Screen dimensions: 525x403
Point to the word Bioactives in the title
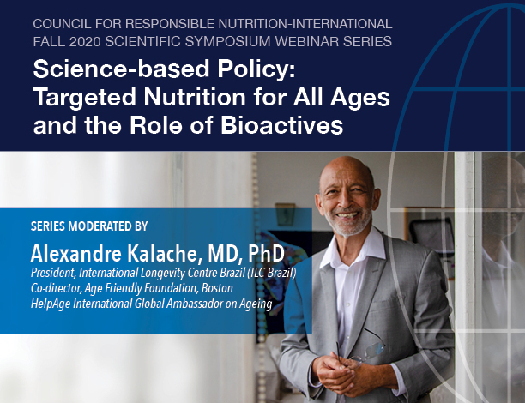(281, 125)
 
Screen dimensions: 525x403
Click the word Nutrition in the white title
(196, 97)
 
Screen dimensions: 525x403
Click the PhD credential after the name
(266, 254)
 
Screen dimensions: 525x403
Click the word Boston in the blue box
(217, 288)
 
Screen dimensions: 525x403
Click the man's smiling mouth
(347, 215)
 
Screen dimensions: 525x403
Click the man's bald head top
(345, 166)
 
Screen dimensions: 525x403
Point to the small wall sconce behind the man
(285, 214)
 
